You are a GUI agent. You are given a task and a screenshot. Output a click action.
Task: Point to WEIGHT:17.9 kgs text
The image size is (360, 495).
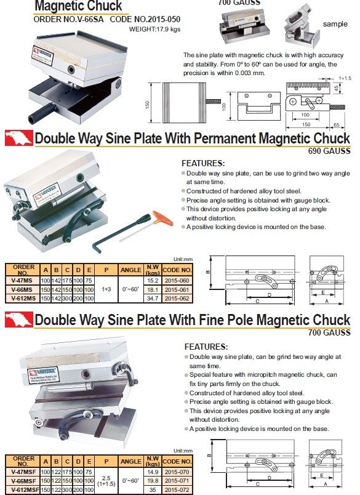pyautogui.click(x=154, y=28)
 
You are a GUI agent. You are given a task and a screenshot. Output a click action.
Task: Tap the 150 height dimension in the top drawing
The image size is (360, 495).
pyautogui.click(x=148, y=105)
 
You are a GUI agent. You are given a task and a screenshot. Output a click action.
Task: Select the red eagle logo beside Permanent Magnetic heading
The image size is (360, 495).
pyautogui.click(x=18, y=137)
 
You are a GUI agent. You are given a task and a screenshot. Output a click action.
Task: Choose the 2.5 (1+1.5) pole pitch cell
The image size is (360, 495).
pyautogui.click(x=106, y=480)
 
